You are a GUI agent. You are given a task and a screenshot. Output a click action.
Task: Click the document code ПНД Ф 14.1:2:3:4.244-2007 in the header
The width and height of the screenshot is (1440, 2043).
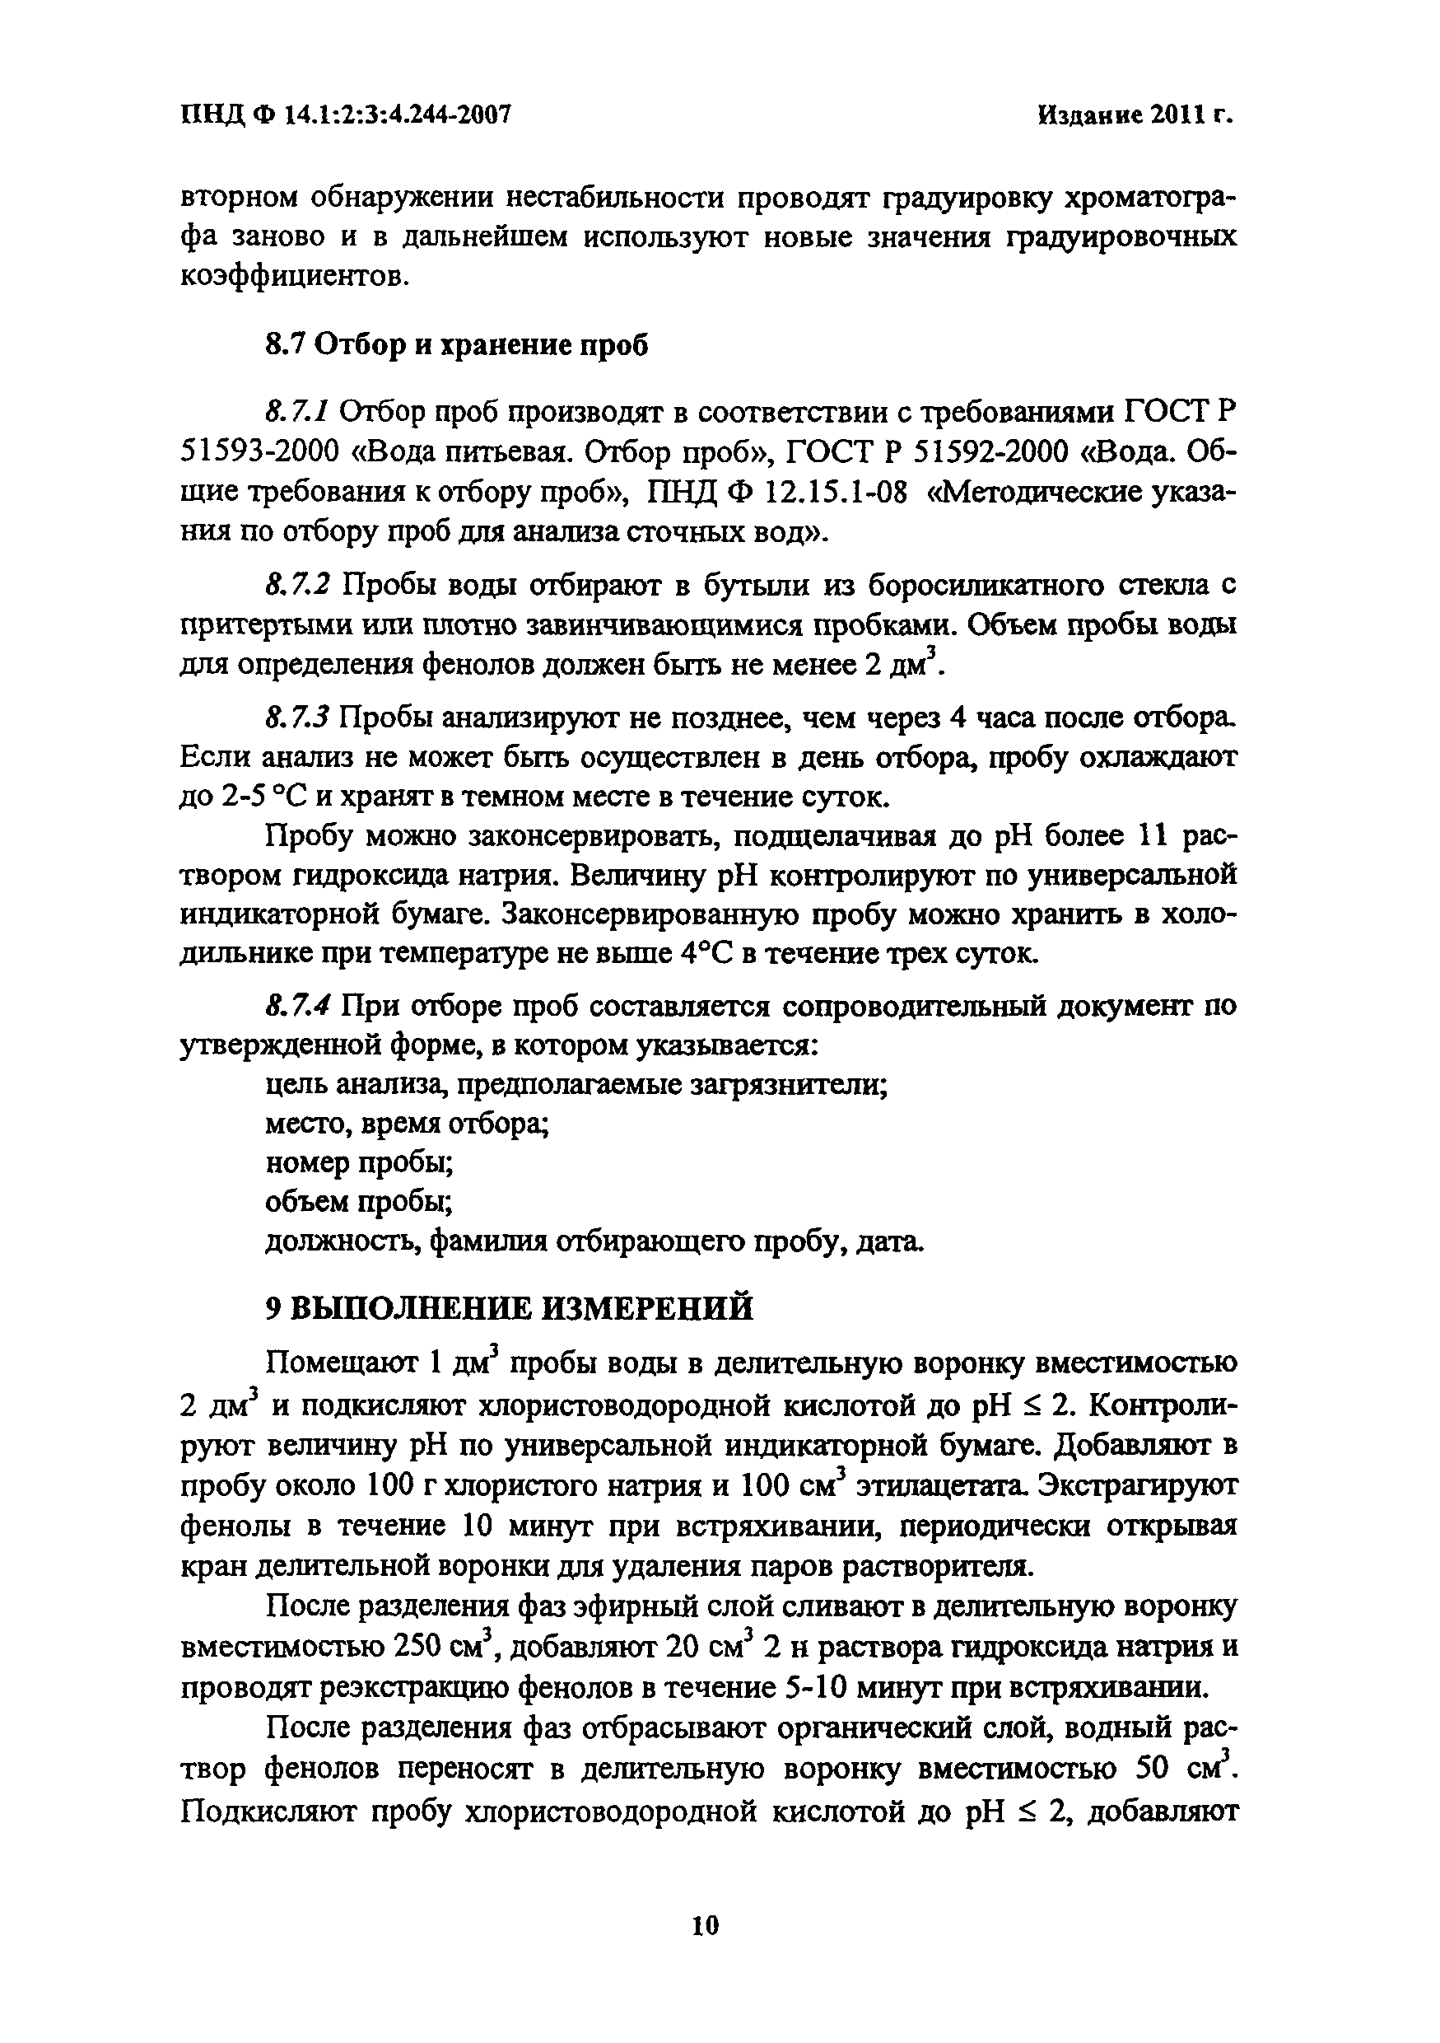[x=345, y=115]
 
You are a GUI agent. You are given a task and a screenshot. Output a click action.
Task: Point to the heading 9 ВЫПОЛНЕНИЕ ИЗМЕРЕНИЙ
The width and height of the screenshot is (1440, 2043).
[x=509, y=1309]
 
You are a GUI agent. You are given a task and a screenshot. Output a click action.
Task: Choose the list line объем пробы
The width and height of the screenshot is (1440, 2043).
[x=359, y=1202]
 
